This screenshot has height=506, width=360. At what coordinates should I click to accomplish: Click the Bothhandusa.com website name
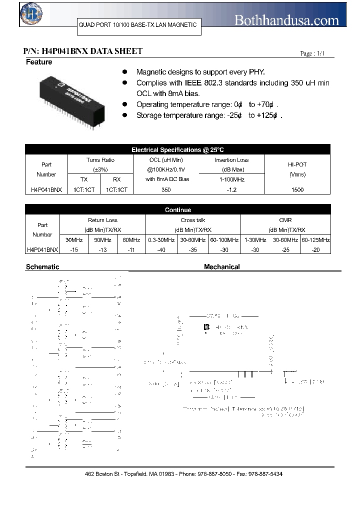(x=286, y=20)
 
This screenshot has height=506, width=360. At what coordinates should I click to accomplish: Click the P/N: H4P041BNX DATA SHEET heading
(x=83, y=51)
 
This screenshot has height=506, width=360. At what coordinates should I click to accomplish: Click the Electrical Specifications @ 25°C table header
(x=177, y=150)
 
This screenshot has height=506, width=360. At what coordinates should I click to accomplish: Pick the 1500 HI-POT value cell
(x=297, y=190)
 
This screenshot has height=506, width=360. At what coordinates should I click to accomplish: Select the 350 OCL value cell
(x=166, y=190)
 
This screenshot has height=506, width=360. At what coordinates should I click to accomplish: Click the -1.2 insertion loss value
(x=231, y=190)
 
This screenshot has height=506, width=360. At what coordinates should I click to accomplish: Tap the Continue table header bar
(x=177, y=210)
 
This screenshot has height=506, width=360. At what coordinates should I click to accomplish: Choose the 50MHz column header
(x=102, y=240)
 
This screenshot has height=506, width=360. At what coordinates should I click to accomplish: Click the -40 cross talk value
(x=161, y=249)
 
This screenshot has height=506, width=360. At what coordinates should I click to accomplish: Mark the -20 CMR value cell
(x=315, y=249)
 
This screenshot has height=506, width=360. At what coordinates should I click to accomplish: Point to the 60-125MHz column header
(x=315, y=240)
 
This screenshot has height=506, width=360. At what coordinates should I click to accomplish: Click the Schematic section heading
(x=42, y=267)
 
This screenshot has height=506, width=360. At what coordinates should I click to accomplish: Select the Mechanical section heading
(x=221, y=267)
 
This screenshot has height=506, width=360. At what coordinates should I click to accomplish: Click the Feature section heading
(x=39, y=62)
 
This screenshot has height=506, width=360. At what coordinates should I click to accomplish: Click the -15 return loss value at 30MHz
(x=74, y=249)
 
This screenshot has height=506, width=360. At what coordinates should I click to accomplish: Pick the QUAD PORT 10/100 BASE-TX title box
(x=137, y=25)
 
